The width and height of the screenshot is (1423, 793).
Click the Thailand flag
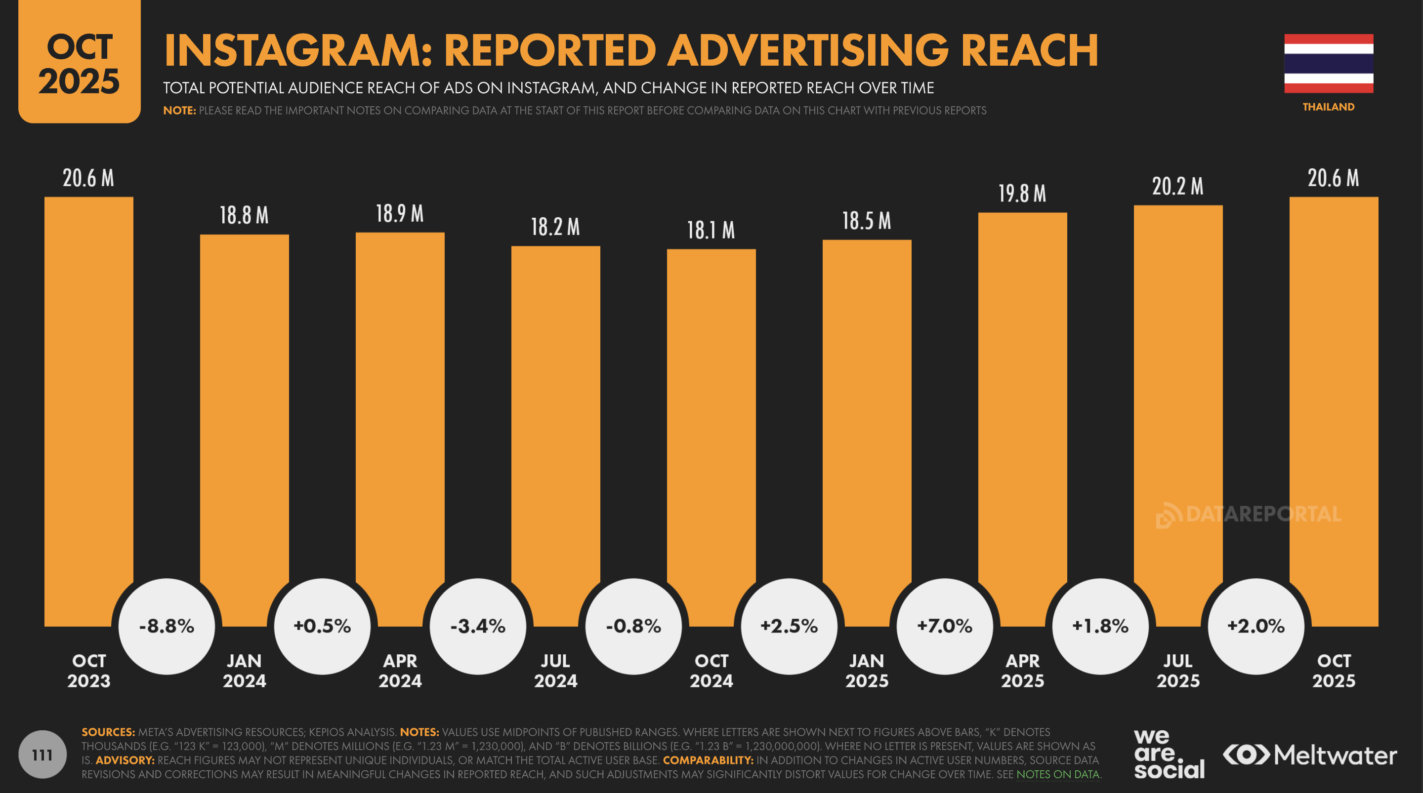click(x=1328, y=64)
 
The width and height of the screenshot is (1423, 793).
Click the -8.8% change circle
click(x=167, y=626)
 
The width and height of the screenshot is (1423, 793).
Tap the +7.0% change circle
click(x=945, y=626)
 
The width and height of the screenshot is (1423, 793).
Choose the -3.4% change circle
click(x=478, y=626)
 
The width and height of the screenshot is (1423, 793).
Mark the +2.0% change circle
click(x=1256, y=626)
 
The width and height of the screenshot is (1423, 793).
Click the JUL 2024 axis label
click(x=555, y=671)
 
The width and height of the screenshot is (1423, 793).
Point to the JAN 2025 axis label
click(x=867, y=671)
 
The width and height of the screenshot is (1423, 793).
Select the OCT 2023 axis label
click(x=89, y=671)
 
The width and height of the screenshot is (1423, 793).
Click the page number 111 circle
click(x=42, y=754)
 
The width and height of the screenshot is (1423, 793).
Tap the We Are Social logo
click(x=1169, y=754)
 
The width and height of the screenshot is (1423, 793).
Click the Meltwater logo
click(x=1310, y=755)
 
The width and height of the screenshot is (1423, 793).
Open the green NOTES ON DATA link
click(x=1058, y=774)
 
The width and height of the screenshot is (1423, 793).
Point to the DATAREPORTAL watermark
click(x=1249, y=515)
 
